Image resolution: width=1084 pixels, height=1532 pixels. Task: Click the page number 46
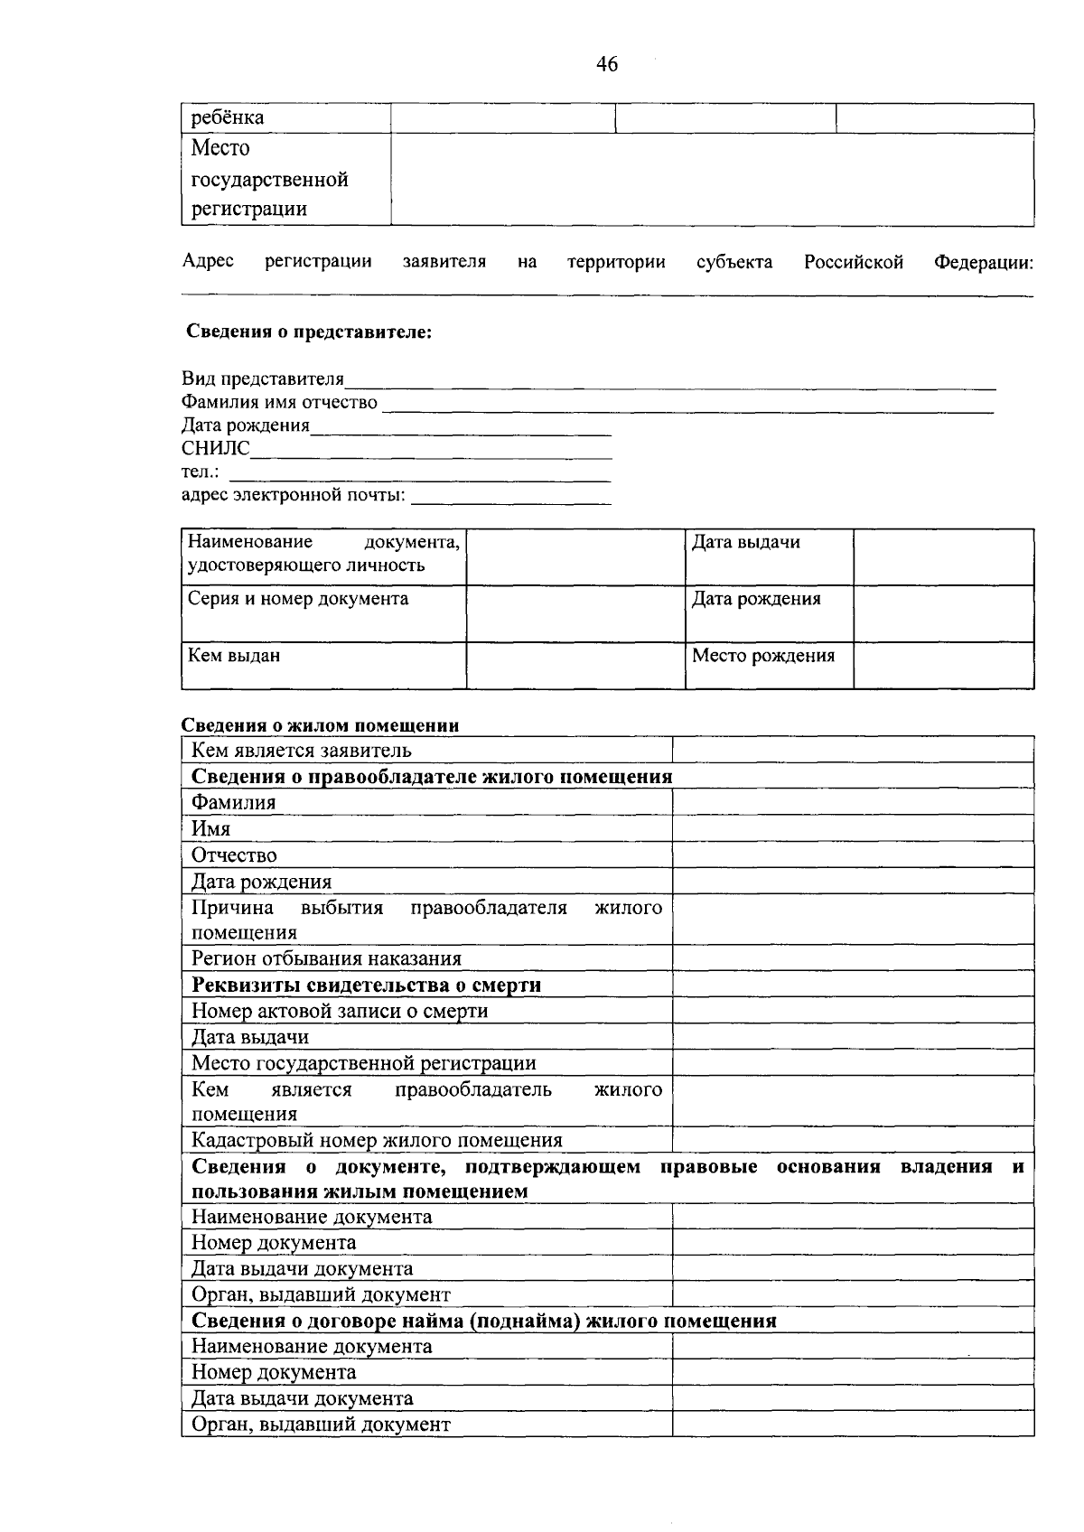click(607, 64)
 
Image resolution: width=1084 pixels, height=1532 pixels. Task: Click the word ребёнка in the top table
click(228, 118)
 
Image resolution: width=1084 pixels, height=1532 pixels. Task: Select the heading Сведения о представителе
click(309, 332)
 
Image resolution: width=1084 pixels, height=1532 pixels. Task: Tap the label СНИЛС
click(215, 449)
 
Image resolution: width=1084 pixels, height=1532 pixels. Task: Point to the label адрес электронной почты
click(293, 496)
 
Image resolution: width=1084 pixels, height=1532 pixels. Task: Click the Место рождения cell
click(762, 656)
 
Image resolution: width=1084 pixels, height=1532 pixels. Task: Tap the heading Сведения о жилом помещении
click(320, 725)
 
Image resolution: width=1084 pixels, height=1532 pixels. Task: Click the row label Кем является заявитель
click(301, 751)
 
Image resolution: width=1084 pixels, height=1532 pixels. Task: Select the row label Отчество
click(234, 855)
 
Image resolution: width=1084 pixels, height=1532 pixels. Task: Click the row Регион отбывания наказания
click(326, 959)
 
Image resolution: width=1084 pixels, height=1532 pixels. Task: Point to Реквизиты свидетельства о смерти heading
click(366, 986)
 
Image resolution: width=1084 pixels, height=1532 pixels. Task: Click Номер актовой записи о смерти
click(340, 1012)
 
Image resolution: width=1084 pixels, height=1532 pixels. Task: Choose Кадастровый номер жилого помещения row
click(377, 1141)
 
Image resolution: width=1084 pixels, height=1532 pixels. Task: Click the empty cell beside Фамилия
click(852, 802)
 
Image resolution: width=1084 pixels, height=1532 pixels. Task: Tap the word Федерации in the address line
click(983, 263)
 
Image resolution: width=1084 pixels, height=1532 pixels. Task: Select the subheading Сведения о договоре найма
click(483, 1322)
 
